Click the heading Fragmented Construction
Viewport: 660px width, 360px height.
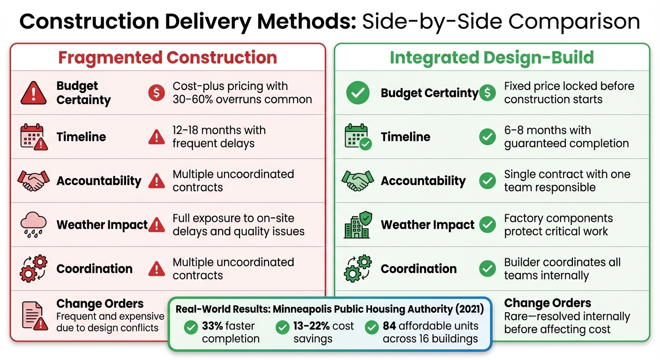tap(167, 57)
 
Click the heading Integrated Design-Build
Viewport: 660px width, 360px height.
tap(492, 57)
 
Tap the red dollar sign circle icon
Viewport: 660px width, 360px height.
tap(156, 93)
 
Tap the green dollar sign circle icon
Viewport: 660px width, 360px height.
tap(487, 93)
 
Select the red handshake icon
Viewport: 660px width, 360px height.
tap(33, 180)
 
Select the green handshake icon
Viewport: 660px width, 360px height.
tap(358, 180)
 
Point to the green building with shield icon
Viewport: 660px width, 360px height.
tap(358, 225)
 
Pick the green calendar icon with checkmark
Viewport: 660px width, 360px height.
tap(358, 137)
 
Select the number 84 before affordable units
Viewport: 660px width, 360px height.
tap(390, 326)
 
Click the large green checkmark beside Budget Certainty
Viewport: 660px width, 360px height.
tap(358, 93)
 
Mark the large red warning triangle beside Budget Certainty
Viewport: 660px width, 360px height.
tap(33, 93)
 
